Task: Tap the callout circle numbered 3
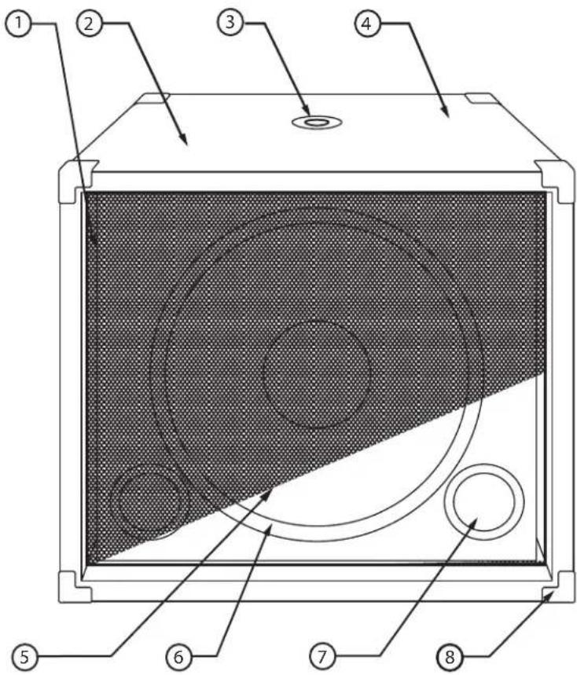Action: pyautogui.click(x=230, y=23)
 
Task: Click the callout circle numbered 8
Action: pyautogui.click(x=449, y=655)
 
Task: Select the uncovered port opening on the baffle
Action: pyautogui.click(x=483, y=501)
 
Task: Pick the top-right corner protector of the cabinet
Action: pyautogui.click(x=555, y=179)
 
